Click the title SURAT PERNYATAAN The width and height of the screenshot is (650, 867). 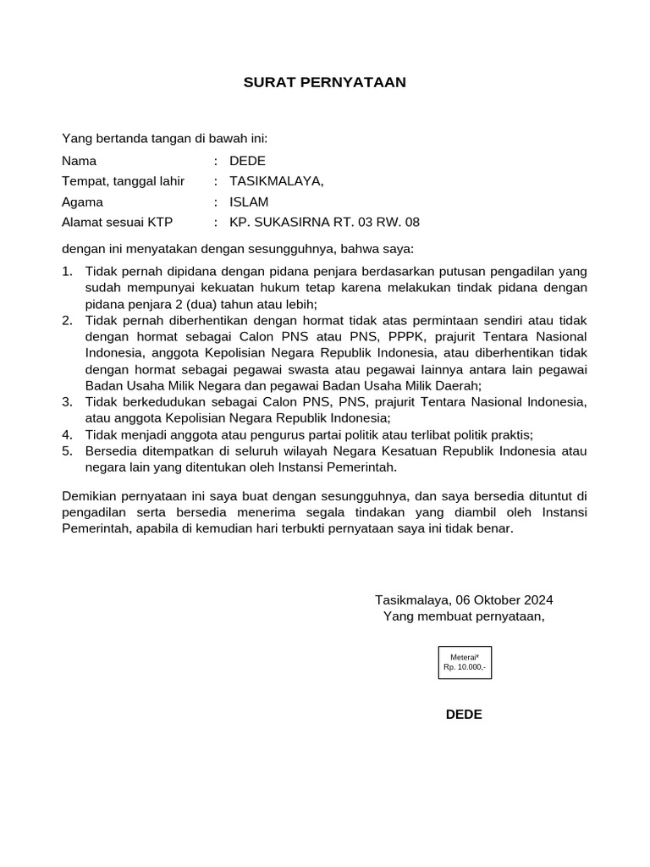[x=325, y=82]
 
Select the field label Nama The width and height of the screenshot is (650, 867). [x=79, y=161]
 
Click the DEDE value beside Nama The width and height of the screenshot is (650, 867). [x=247, y=161]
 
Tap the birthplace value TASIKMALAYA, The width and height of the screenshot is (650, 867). [x=276, y=181]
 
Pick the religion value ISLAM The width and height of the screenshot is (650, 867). [x=249, y=202]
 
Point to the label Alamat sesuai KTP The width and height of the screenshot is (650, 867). [x=117, y=222]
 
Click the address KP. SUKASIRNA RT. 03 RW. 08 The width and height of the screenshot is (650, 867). [x=324, y=222]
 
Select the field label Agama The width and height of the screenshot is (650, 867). [x=82, y=202]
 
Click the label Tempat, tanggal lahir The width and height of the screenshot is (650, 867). [x=123, y=181]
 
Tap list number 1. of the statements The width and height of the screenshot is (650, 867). [x=68, y=272]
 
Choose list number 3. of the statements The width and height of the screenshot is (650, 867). [x=68, y=401]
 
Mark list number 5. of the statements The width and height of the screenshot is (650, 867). [x=68, y=451]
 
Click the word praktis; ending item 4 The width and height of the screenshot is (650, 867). [x=510, y=434]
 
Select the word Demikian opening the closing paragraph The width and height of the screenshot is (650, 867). [x=90, y=495]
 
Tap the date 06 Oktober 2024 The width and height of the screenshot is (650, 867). [x=504, y=599]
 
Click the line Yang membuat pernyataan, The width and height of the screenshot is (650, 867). [x=464, y=616]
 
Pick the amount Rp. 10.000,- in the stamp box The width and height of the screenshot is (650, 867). [x=465, y=667]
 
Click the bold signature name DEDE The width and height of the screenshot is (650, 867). [x=464, y=714]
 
